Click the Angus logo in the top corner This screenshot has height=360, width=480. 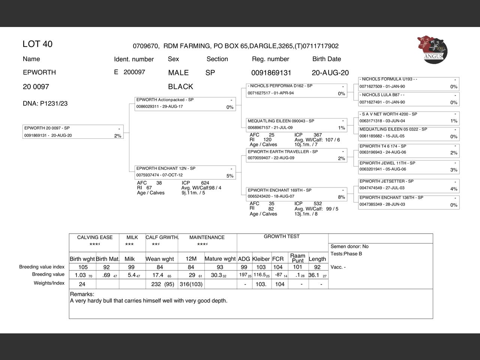(x=432, y=49)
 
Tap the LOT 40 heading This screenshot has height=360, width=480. (x=37, y=44)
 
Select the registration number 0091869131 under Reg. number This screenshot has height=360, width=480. (x=271, y=73)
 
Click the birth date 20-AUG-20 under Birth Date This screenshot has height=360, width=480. (x=330, y=73)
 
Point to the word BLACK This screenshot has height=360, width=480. (x=180, y=87)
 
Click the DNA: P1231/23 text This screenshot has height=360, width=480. (x=45, y=103)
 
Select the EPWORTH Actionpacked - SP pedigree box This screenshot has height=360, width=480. (x=185, y=103)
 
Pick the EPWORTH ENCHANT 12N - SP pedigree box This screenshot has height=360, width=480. (x=185, y=172)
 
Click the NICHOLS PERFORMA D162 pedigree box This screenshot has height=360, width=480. (x=297, y=90)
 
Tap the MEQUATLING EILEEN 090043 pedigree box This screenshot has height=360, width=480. (x=297, y=124)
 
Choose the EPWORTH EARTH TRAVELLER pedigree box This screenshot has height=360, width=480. (x=297, y=155)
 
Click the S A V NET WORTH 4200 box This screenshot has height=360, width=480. (x=409, y=117)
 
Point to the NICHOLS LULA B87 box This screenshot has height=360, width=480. (x=409, y=99)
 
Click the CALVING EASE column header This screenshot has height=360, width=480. (x=95, y=237)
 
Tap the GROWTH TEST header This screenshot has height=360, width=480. (x=282, y=237)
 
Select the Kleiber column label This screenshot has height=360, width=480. (x=261, y=259)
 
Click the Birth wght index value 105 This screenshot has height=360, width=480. (x=83, y=267)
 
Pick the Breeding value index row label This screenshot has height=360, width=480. (x=42, y=267)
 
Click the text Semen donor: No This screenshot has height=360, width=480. (x=349, y=246)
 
